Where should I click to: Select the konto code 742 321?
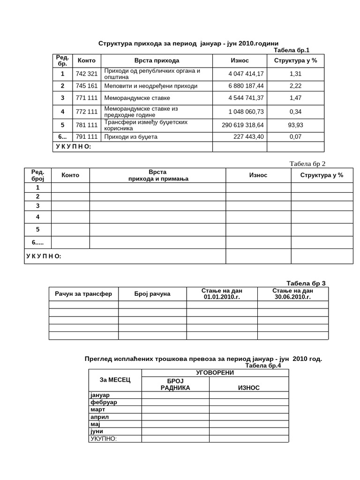click(x=86, y=74)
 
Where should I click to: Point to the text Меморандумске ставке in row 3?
click(x=137, y=98)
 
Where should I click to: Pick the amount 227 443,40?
click(x=248, y=137)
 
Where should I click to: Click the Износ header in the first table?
click(x=240, y=60)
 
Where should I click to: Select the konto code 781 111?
click(x=86, y=125)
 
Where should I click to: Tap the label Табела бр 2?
click(x=307, y=164)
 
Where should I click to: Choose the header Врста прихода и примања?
click(x=157, y=175)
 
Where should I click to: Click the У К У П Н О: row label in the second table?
click(x=44, y=256)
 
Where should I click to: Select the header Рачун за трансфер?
click(x=83, y=294)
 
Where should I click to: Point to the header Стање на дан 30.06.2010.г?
click(x=292, y=294)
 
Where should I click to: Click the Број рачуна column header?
click(x=152, y=294)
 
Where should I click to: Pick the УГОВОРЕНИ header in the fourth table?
click(x=215, y=373)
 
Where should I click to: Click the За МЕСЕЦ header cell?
click(x=115, y=379)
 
